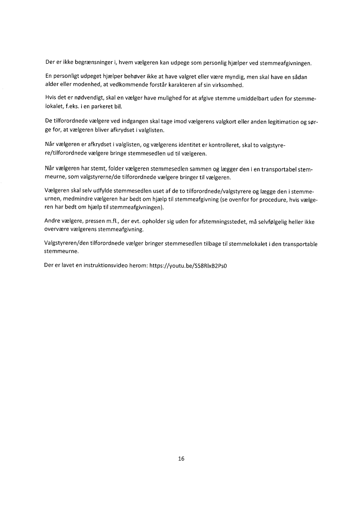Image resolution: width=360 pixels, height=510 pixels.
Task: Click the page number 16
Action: tap(182, 459)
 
